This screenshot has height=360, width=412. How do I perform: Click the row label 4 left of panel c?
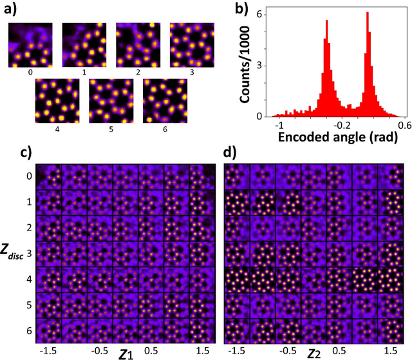pos(25,280)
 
